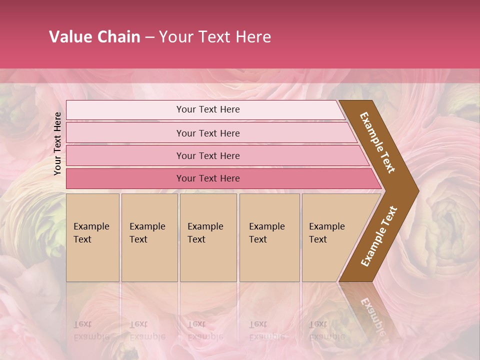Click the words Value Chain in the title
pyautogui.click(x=94, y=37)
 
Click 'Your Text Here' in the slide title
pyautogui.click(x=215, y=37)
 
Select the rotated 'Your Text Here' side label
pyautogui.click(x=57, y=143)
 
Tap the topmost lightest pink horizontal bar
pyautogui.click(x=125, y=110)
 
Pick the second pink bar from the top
pyautogui.click(x=125, y=133)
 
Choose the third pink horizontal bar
pyautogui.click(x=125, y=155)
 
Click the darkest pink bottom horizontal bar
pyautogui.click(x=125, y=178)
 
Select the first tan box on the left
pyautogui.click(x=92, y=250)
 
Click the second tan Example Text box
pyautogui.click(x=149, y=250)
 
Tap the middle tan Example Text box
pyautogui.click(x=208, y=250)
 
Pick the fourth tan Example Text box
pyautogui.click(x=269, y=250)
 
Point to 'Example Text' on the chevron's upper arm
pyautogui.click(x=377, y=142)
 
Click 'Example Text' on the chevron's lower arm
pyautogui.click(x=379, y=236)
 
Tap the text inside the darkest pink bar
pyautogui.click(x=208, y=178)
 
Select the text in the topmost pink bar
pyautogui.click(x=208, y=109)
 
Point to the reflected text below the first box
pyautogui.click(x=91, y=330)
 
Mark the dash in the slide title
pyautogui.click(x=149, y=37)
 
